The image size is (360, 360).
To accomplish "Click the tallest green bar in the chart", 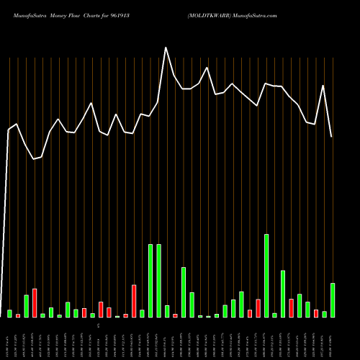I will point(266,276).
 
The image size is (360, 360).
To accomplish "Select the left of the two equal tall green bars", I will point(150,281).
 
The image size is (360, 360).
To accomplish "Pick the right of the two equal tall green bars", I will point(158,281).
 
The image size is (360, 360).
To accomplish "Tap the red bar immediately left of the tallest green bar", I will point(258,308).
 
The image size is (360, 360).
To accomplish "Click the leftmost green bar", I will point(10,313).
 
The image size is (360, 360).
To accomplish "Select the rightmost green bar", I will point(333,300).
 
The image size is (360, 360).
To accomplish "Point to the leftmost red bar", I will point(18,315).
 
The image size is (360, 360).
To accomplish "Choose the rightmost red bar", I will point(316,313).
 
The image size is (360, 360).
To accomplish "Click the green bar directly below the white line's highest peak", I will point(167,311).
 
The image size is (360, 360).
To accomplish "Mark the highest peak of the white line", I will point(166,48).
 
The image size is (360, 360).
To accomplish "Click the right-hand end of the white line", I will point(332,137).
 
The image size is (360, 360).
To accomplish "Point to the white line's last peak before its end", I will point(323,86).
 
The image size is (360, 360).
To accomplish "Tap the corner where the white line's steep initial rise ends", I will point(9,130).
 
